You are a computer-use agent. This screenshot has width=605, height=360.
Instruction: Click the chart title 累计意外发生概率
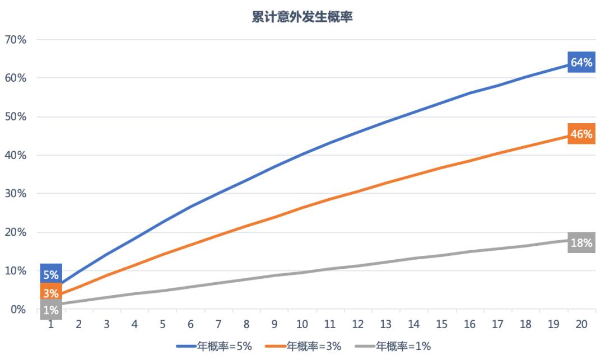pyautogui.click(x=302, y=17)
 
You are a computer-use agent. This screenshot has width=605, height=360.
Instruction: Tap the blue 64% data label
pyautogui.click(x=581, y=63)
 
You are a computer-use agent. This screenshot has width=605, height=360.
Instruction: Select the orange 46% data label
pyautogui.click(x=581, y=134)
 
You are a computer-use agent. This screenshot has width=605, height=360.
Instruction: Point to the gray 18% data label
pyautogui.click(x=581, y=243)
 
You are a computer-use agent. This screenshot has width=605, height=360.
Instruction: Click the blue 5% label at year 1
pyautogui.click(x=51, y=275)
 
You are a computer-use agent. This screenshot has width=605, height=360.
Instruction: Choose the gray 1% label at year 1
pyautogui.click(x=51, y=310)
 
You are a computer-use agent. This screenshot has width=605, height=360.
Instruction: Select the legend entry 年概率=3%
pyautogui.click(x=306, y=347)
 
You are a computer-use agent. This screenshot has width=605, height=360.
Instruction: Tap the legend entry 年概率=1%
pyautogui.click(x=395, y=347)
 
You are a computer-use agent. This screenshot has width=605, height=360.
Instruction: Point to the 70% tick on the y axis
pyautogui.click(x=16, y=40)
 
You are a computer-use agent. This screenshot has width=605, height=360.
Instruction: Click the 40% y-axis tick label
pyautogui.click(x=16, y=155)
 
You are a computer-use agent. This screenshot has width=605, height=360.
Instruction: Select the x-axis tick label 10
pyautogui.click(x=302, y=324)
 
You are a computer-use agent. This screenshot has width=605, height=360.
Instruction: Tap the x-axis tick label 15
pyautogui.click(x=442, y=324)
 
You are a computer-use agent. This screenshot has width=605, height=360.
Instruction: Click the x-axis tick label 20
pyautogui.click(x=581, y=324)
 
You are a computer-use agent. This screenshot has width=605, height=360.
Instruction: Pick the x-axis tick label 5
pyautogui.click(x=162, y=324)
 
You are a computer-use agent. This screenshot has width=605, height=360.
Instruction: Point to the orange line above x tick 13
pyautogui.click(x=386, y=182)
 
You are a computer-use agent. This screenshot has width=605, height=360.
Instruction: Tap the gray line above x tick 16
pyautogui.click(x=469, y=251)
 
